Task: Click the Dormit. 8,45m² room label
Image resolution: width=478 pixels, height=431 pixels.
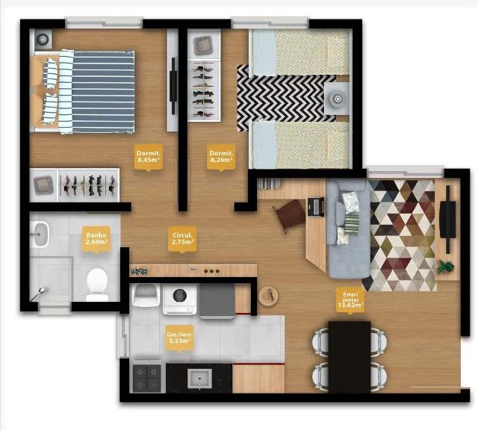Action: [149, 157]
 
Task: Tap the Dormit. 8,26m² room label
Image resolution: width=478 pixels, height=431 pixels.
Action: [221, 157]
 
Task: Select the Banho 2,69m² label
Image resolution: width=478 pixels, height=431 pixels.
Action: [96, 238]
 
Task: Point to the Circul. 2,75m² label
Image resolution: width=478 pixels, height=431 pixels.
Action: [182, 239]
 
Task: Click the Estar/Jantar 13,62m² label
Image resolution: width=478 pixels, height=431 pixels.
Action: [350, 300]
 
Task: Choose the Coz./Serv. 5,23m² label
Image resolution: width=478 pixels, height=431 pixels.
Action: [179, 338]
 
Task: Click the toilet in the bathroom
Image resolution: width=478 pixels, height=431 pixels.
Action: [97, 285]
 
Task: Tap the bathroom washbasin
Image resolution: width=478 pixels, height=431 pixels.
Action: [41, 235]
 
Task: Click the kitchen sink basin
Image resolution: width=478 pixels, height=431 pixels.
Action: [199, 378]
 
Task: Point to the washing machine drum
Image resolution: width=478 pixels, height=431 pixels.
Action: [179, 295]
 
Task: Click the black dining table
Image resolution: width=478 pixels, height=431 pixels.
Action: [350, 356]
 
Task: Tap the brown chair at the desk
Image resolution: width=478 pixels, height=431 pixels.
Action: [290, 215]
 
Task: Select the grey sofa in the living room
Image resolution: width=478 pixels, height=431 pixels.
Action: [349, 229]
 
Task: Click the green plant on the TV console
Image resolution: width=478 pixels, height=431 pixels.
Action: [446, 267]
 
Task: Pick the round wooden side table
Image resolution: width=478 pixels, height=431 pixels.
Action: [268, 296]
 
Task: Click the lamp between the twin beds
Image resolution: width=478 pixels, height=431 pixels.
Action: [338, 99]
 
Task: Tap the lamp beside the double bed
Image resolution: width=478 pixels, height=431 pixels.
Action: [43, 40]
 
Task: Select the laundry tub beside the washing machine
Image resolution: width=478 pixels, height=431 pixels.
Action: [146, 295]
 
